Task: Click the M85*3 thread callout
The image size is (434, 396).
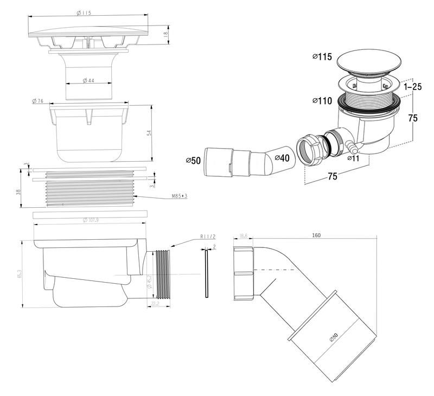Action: tap(178, 195)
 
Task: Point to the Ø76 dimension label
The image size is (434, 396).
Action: tap(38, 101)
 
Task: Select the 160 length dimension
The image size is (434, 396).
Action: tap(316, 236)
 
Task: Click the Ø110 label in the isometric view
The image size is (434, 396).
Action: tap(322, 101)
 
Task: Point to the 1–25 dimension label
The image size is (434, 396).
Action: tap(416, 86)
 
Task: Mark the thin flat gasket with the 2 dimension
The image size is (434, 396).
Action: tap(207, 274)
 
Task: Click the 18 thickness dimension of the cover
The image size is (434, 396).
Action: tap(166, 34)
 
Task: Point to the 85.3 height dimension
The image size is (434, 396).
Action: tap(20, 274)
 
